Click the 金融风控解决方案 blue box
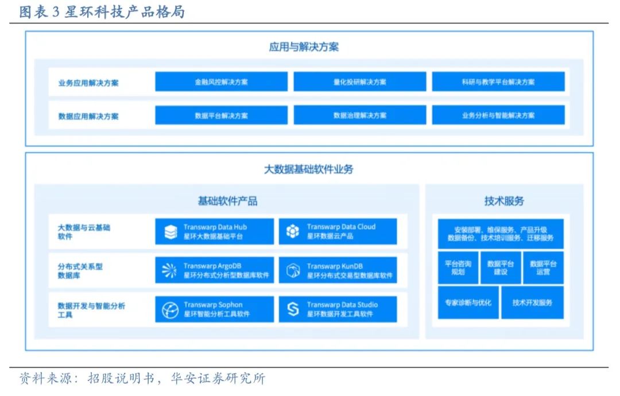click(x=221, y=81)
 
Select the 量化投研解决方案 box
click(x=359, y=81)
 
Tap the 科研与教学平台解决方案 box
click(x=498, y=81)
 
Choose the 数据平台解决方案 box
click(x=221, y=115)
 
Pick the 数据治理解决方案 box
click(x=359, y=115)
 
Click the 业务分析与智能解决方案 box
click(x=498, y=115)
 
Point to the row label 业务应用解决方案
click(x=88, y=82)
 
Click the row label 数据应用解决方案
click(x=88, y=116)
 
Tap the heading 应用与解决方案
click(x=304, y=46)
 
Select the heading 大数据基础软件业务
click(x=308, y=169)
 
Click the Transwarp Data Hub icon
click(x=170, y=232)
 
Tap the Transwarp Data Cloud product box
click(x=338, y=231)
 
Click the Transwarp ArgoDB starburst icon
click(x=170, y=271)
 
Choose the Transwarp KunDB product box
click(x=338, y=270)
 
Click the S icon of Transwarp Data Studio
click(x=293, y=310)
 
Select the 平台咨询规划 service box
click(x=458, y=267)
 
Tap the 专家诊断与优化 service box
click(x=468, y=302)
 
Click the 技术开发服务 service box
click(x=532, y=302)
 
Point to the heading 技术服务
click(x=504, y=201)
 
